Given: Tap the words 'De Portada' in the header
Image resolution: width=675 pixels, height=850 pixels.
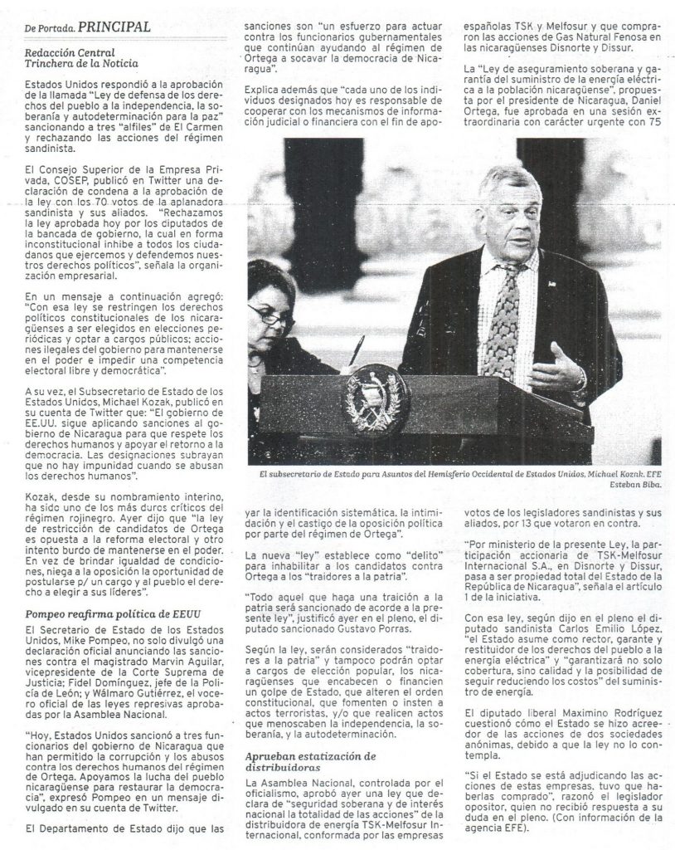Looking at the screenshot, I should point(48,27).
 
